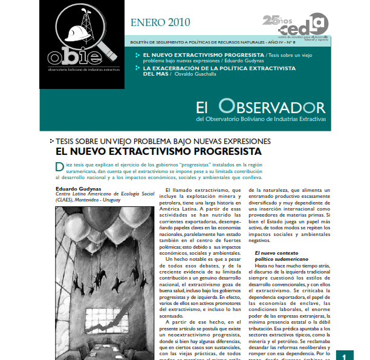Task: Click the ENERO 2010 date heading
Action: pos(160,23)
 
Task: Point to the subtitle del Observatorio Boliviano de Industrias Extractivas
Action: pos(261,119)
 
